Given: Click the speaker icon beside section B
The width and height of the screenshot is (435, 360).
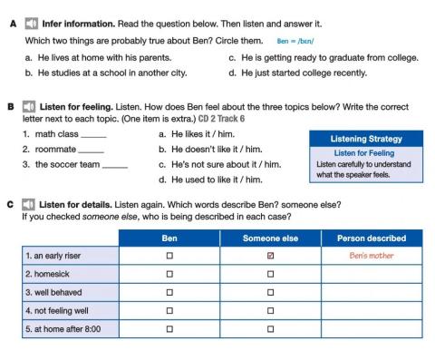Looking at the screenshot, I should pos(31,106).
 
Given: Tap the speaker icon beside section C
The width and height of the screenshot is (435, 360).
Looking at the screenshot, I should pos(31,205).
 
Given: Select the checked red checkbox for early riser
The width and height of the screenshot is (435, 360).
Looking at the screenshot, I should pos(271,256).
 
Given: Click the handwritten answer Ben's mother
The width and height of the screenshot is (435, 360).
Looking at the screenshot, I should pos(371,256).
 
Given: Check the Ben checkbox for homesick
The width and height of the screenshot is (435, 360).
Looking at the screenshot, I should pos(169,273).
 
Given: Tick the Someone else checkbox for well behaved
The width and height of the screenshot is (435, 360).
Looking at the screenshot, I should pos(271,292).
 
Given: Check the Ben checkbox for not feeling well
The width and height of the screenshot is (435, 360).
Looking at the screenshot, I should pos(169,309).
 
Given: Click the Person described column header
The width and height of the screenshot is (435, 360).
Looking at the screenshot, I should pos(371,238).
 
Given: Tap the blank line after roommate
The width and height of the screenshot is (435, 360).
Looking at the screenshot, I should pos(92,151).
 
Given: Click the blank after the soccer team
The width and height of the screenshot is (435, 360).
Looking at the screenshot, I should pos(114,166).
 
